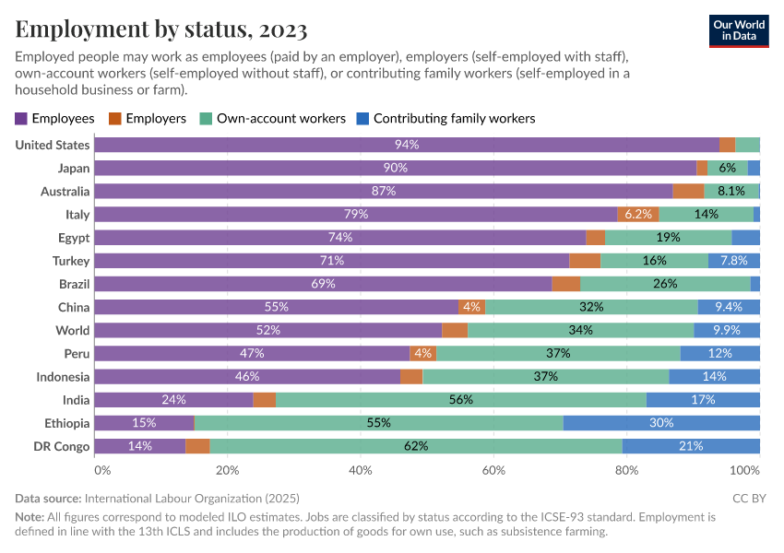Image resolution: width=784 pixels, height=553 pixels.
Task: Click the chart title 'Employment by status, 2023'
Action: tap(161, 29)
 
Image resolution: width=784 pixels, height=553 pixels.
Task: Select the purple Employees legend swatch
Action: tap(21, 119)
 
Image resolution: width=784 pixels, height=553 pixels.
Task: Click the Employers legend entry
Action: tap(148, 119)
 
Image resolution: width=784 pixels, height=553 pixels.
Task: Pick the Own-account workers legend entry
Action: tap(273, 119)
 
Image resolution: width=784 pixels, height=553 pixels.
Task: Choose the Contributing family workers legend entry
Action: tap(445, 119)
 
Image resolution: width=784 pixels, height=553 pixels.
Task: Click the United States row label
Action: tap(53, 145)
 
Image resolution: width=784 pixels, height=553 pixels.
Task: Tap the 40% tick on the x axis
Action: tap(361, 470)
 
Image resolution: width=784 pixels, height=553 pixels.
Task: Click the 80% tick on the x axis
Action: tap(626, 470)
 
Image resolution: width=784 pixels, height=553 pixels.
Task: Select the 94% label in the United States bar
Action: tap(407, 145)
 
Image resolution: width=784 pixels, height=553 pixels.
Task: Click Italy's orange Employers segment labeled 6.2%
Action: tap(638, 214)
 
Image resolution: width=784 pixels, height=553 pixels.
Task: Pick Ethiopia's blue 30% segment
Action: tap(661, 423)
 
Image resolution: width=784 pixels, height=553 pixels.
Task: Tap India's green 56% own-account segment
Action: tap(461, 400)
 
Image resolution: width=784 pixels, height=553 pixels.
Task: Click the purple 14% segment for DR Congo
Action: tap(140, 446)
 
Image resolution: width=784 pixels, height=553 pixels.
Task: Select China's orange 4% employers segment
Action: tap(472, 307)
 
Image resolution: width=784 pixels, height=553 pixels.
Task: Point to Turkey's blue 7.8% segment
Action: tap(734, 261)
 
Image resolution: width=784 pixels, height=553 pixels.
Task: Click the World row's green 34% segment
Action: tap(581, 330)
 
